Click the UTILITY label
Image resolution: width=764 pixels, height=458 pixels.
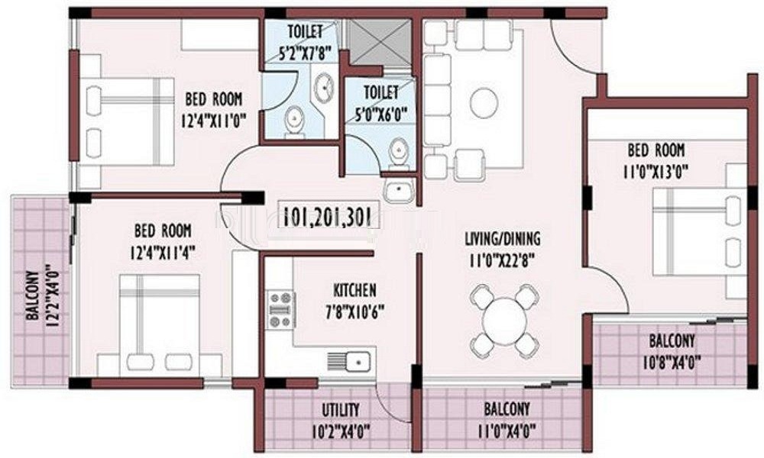[x=340, y=410]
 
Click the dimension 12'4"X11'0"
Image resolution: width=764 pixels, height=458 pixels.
[x=212, y=120]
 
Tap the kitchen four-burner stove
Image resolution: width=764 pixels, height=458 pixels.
[x=281, y=310]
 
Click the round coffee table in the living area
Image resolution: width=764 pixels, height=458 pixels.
[x=484, y=103]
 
